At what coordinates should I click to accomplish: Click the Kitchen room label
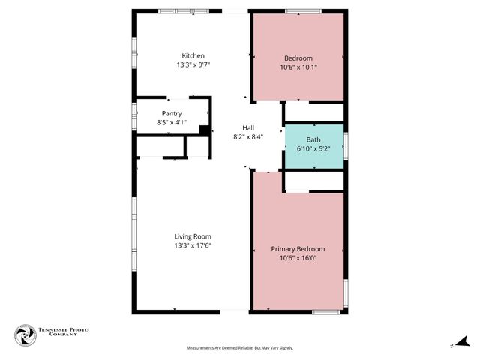193,56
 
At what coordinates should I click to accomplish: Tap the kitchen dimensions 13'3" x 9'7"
193,65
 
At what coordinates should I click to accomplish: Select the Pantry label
172,114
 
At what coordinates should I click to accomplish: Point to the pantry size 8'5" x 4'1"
172,122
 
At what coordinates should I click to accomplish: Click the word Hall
248,128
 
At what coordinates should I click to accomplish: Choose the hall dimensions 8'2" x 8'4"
248,137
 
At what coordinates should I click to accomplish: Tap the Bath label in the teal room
314,140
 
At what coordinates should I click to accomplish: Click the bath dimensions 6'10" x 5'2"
314,149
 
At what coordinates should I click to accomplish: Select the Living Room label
193,237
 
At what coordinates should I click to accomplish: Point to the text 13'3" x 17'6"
193,246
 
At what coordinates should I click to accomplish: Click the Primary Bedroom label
298,249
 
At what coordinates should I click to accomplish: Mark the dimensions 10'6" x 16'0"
298,258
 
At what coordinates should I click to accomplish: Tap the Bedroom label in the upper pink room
298,58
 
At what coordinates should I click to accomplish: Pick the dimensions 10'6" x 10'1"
298,67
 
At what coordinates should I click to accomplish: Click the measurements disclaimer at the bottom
239,348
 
